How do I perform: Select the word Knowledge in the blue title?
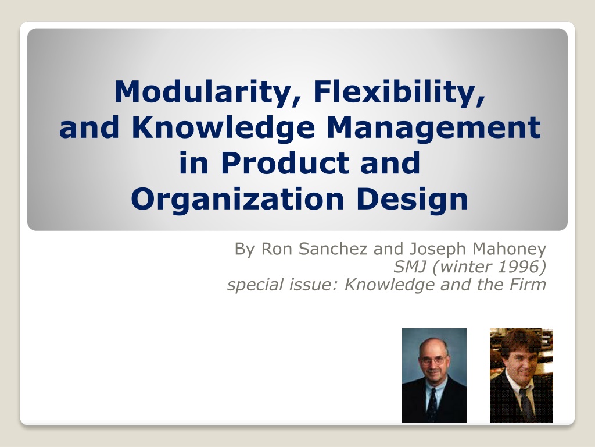click(223, 127)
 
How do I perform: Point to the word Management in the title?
click(433, 127)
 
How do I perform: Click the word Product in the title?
click(285, 163)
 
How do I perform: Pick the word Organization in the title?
click(238, 200)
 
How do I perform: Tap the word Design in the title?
click(412, 200)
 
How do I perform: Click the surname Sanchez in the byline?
click(333, 249)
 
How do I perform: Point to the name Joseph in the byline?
click(438, 250)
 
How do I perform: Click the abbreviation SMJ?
click(410, 267)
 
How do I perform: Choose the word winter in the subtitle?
click(463, 267)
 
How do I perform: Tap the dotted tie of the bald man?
click(432, 405)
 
